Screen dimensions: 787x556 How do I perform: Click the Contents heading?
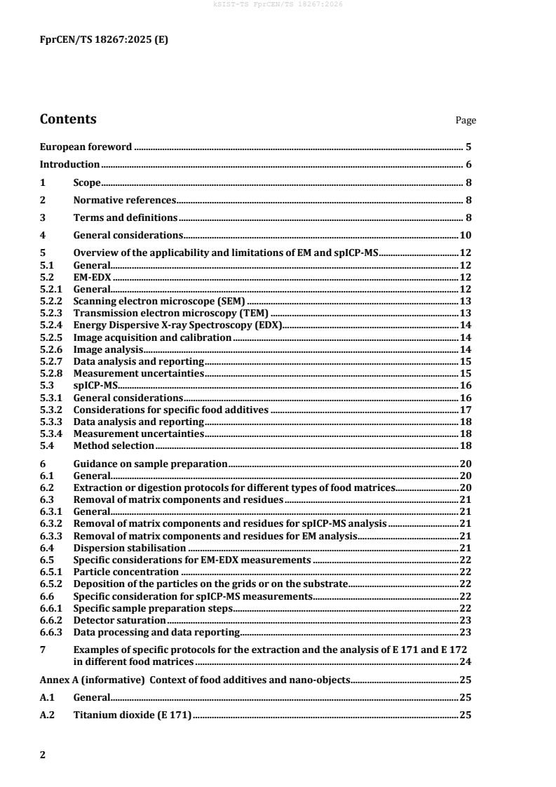(68, 119)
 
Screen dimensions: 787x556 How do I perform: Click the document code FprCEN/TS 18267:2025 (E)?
(104, 40)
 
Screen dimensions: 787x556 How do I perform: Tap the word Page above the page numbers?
(466, 121)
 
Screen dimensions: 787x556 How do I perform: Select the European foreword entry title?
(86, 147)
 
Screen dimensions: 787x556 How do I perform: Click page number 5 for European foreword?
(468, 147)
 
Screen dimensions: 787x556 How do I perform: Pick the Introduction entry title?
(69, 165)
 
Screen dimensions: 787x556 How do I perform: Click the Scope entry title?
(87, 182)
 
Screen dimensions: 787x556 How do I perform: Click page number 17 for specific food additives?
(465, 409)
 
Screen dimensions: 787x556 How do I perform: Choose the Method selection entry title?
(114, 445)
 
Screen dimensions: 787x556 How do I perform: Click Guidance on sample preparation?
(150, 464)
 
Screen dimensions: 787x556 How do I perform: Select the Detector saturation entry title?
(119, 620)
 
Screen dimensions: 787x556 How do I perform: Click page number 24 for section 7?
(465, 661)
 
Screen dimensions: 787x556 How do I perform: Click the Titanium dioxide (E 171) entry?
(133, 715)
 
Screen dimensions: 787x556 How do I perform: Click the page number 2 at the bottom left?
(43, 755)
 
